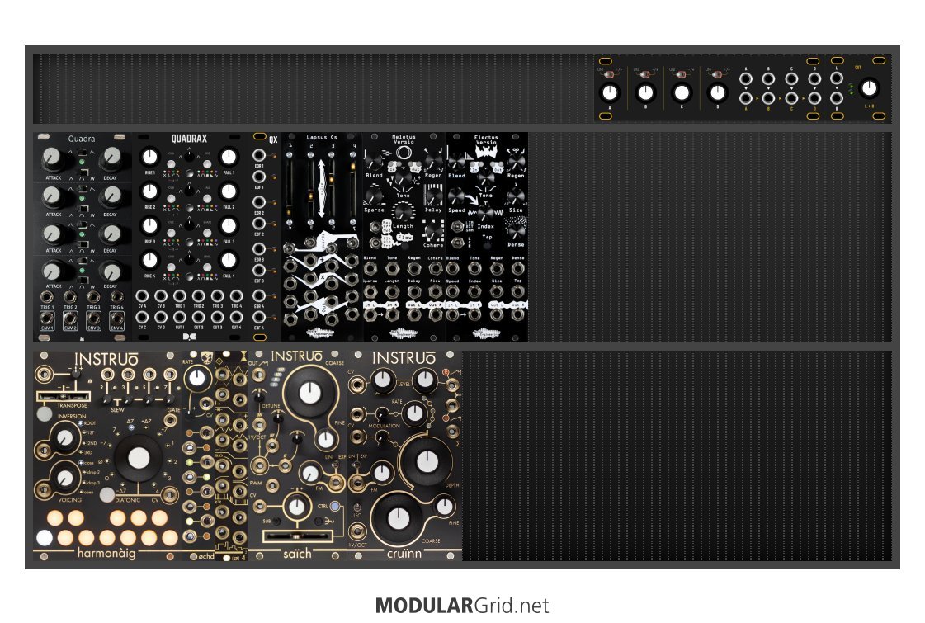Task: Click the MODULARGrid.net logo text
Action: (461, 606)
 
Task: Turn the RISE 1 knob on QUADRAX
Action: (149, 157)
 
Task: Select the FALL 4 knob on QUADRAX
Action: (229, 259)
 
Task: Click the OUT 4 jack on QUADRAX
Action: (237, 317)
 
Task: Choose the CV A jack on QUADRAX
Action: (144, 296)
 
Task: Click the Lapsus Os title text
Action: (322, 137)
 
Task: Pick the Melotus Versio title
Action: (404, 139)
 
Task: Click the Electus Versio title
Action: (486, 139)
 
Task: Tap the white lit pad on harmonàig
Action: (45, 537)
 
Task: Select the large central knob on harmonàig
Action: (138, 458)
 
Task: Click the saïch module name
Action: (297, 553)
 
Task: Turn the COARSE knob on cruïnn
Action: (398, 517)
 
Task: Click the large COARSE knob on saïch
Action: (309, 393)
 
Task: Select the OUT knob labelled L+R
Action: (868, 88)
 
